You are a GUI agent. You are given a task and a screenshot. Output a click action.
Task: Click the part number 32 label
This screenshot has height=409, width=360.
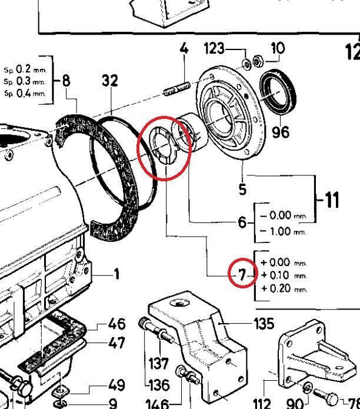pos(110,81)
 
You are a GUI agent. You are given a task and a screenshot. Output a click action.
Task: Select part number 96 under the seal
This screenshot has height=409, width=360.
pos(281,131)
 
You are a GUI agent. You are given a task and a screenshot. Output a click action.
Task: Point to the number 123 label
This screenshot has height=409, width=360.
pos(214,49)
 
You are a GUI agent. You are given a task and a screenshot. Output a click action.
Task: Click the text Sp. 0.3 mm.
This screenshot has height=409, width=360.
pos(24,81)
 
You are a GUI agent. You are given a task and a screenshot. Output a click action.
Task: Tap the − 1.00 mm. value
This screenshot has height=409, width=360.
pos(276,231)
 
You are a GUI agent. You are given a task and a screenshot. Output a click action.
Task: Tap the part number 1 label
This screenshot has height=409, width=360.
pos(116,274)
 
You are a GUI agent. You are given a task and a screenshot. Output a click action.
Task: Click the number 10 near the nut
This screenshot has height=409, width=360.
pos(276,48)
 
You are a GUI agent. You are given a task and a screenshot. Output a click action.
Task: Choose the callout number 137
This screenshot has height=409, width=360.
pos(158,363)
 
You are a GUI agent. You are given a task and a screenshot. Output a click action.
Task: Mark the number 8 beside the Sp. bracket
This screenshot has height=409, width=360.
pos(66,81)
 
